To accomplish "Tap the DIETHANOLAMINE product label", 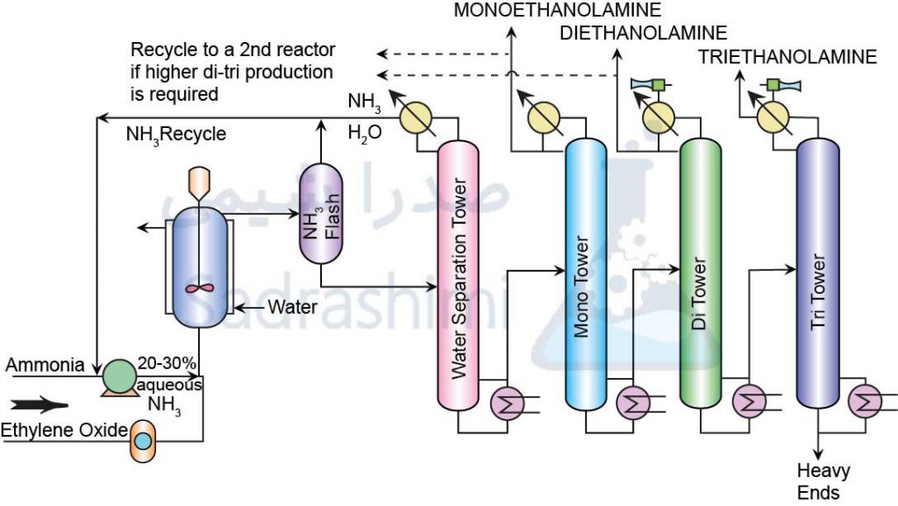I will (x=644, y=34).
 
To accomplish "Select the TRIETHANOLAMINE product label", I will (x=787, y=58).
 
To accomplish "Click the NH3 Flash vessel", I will (x=321, y=216).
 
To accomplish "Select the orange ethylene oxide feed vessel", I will (x=142, y=441).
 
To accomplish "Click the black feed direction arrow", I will (x=40, y=406).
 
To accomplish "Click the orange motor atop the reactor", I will (x=200, y=181).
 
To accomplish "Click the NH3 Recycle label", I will (x=176, y=134).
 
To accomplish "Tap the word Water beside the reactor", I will (x=292, y=308).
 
